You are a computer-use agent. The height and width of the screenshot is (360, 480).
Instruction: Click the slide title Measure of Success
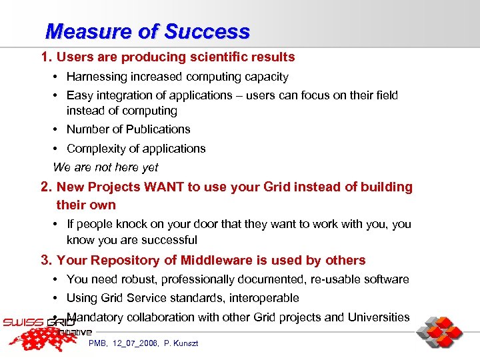tap(147, 31)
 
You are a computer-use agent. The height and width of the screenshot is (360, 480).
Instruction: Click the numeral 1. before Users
tap(47, 57)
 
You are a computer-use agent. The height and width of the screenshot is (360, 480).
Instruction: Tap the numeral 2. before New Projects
tap(47, 187)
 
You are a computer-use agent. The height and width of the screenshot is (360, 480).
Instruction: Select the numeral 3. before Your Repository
tap(47, 260)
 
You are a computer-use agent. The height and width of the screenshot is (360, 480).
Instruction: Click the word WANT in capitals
tap(163, 187)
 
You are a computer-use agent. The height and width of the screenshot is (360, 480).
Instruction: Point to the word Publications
tap(157, 129)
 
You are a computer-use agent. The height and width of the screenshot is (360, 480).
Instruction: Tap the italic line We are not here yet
tap(105, 167)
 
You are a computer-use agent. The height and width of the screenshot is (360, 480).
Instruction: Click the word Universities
tap(379, 317)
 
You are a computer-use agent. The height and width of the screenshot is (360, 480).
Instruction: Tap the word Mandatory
tap(95, 317)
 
